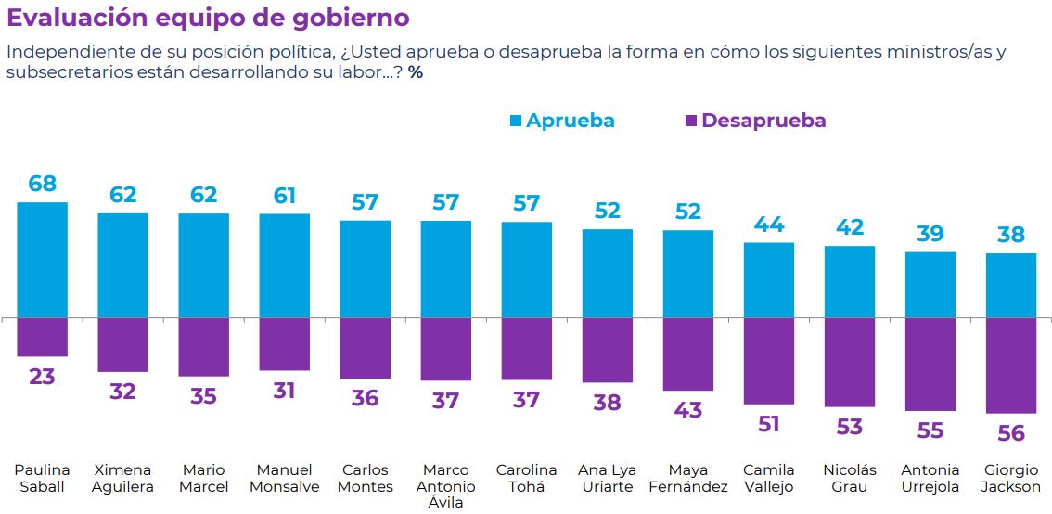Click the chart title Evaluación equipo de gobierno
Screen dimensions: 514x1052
208,19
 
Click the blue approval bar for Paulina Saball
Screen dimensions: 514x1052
43,260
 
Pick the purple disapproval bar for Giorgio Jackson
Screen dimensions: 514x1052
1011,366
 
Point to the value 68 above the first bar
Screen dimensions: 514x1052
43,184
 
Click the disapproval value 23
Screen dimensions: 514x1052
43,377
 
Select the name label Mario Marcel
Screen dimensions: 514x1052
203,478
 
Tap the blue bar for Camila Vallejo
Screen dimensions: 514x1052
769,280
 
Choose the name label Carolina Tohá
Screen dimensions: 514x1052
526,478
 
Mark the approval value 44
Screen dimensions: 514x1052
769,225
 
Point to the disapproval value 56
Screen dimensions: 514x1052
1011,433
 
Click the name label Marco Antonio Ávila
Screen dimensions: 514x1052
445,486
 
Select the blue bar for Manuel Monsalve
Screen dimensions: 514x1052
284,265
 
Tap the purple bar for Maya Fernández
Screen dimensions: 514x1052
688,353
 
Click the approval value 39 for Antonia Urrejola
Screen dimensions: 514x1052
930,234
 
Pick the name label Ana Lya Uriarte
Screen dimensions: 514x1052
607,478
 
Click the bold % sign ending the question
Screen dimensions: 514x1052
416,72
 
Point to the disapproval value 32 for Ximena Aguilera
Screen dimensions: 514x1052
122,392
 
